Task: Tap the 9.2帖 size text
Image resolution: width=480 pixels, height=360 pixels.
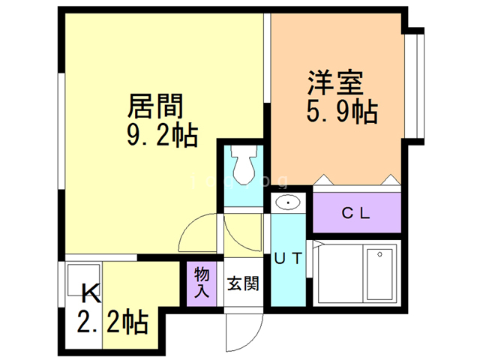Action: click(x=161, y=136)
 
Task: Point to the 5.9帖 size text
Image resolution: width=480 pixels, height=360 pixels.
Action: click(x=339, y=112)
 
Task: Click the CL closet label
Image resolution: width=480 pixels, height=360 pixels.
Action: click(x=356, y=212)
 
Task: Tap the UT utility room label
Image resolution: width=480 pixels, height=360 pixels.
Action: click(x=288, y=259)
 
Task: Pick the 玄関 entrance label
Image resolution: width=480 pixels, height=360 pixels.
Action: click(x=244, y=284)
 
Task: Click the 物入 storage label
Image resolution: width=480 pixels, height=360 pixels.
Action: click(x=201, y=283)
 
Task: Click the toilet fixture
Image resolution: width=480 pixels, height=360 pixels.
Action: click(x=243, y=165)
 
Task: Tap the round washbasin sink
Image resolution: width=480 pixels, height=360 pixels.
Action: click(x=287, y=202)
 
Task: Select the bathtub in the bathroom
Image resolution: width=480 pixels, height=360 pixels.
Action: click(x=379, y=273)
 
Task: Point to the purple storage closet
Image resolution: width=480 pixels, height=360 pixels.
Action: click(x=201, y=283)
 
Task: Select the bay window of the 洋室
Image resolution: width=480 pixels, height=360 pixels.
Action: click(x=416, y=83)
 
